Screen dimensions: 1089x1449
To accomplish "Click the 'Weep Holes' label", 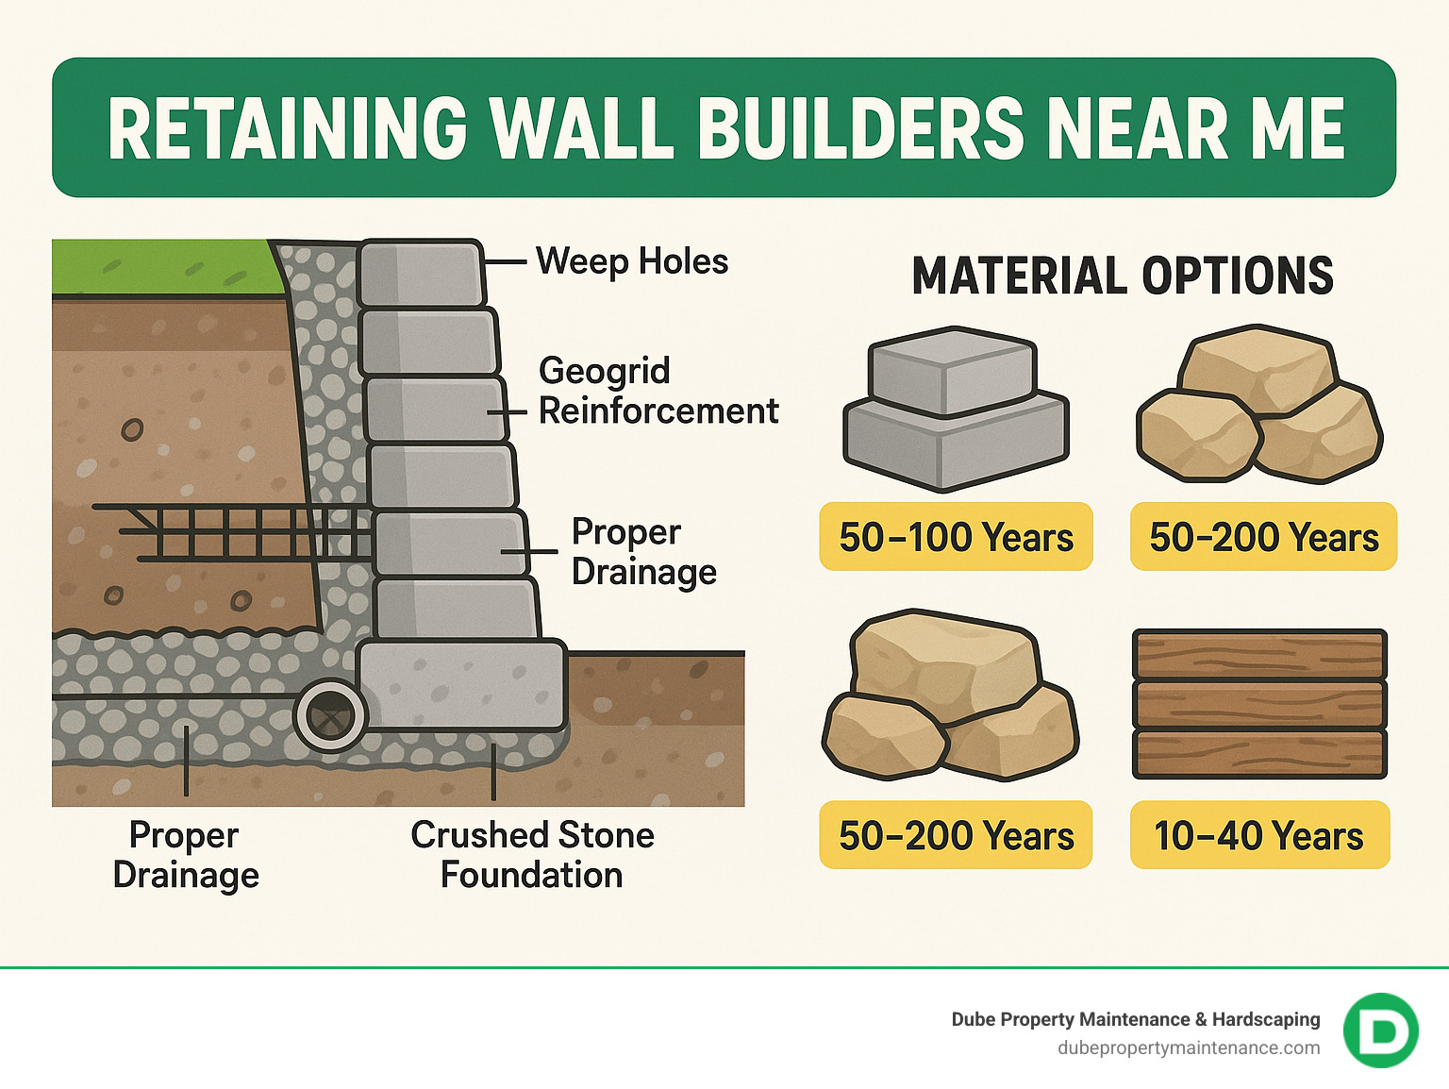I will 631,261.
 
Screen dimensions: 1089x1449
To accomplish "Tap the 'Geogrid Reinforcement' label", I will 658,391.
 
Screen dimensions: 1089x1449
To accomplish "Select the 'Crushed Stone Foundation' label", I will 532,855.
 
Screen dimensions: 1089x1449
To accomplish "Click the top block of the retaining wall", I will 421,273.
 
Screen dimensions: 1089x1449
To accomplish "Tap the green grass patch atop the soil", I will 165,267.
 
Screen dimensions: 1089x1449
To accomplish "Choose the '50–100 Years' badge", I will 956,537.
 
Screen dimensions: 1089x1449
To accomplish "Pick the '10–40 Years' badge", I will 1258,835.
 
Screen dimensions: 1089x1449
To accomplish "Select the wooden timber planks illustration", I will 1259,704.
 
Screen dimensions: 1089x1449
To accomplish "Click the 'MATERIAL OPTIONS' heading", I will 1123,276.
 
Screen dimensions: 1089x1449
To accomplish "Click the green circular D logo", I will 1380,1030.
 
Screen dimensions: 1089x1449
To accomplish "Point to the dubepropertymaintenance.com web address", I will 1189,1047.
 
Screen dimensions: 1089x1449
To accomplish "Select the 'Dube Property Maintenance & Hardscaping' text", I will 1135,1019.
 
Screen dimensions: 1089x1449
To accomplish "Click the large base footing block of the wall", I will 462,685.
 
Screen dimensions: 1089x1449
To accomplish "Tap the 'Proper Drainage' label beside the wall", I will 643,552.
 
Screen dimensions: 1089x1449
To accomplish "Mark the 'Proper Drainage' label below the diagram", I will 186,855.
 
